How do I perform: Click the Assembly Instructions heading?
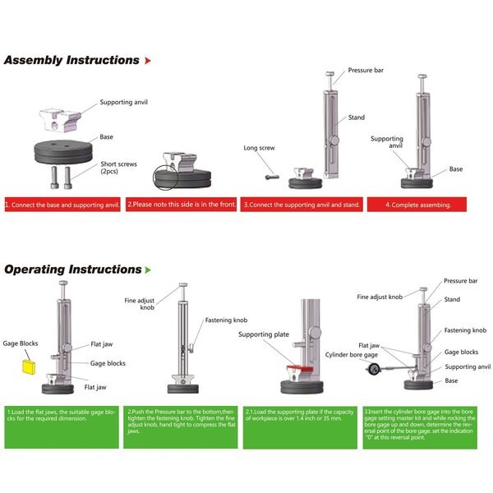tap(71, 60)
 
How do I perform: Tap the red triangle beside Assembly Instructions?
tap(148, 61)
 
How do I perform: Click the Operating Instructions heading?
tap(73, 270)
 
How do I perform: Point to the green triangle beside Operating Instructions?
tap(148, 270)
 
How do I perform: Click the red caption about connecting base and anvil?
tap(62, 204)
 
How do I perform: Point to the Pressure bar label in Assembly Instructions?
tap(366, 71)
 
